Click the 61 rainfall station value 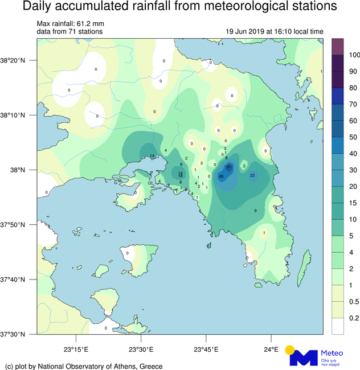(228, 167)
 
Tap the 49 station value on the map (220, 176)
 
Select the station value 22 (252, 175)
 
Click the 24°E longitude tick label (271, 349)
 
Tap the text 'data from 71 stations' (69, 32)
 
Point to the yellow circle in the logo (290, 350)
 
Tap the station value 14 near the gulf (152, 156)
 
